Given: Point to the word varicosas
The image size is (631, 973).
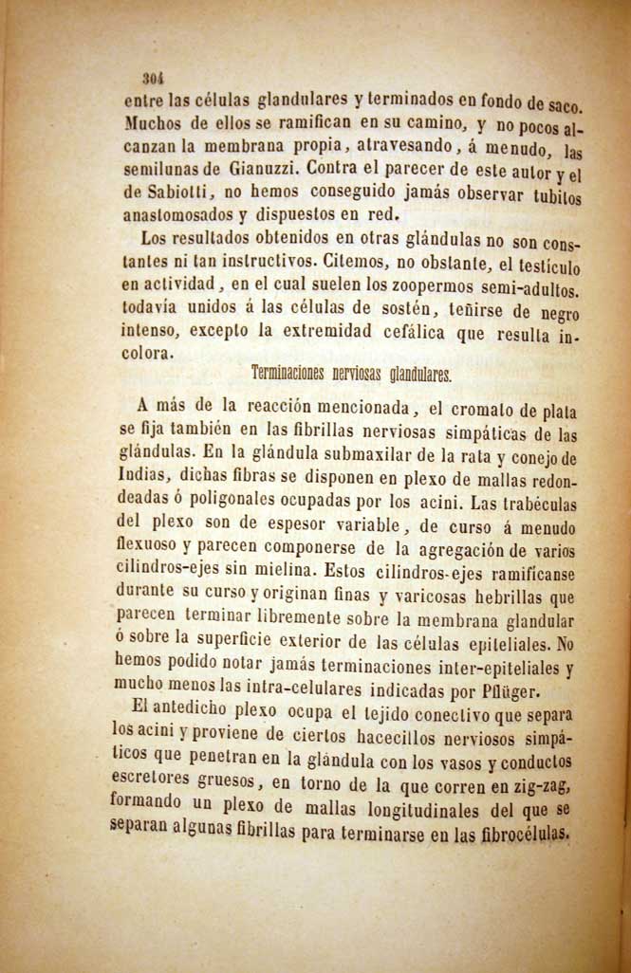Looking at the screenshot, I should (x=436, y=597).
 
